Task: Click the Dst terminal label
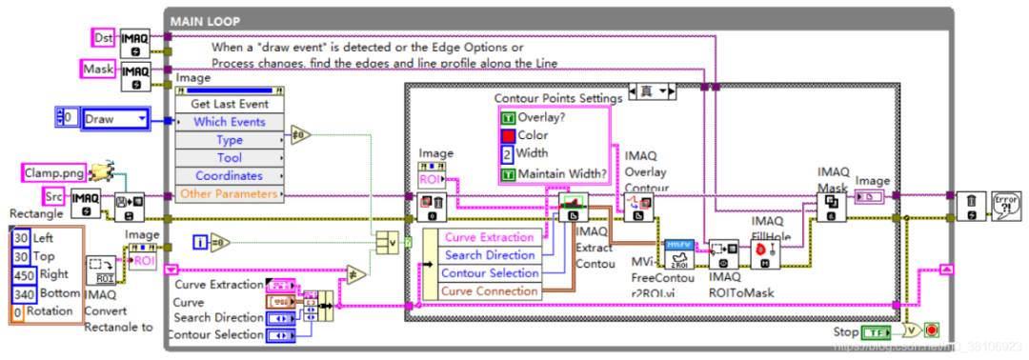pyautogui.click(x=102, y=37)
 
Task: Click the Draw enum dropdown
pyautogui.click(x=115, y=119)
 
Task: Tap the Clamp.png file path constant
pyautogui.click(x=54, y=172)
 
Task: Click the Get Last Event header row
pyautogui.click(x=229, y=104)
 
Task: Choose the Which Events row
pyautogui.click(x=229, y=122)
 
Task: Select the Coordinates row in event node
pyautogui.click(x=229, y=176)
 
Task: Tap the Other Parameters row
pyautogui.click(x=229, y=194)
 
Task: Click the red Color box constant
pyautogui.click(x=507, y=135)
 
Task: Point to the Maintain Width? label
pyautogui.click(x=562, y=173)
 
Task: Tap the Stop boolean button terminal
pyautogui.click(x=878, y=333)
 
